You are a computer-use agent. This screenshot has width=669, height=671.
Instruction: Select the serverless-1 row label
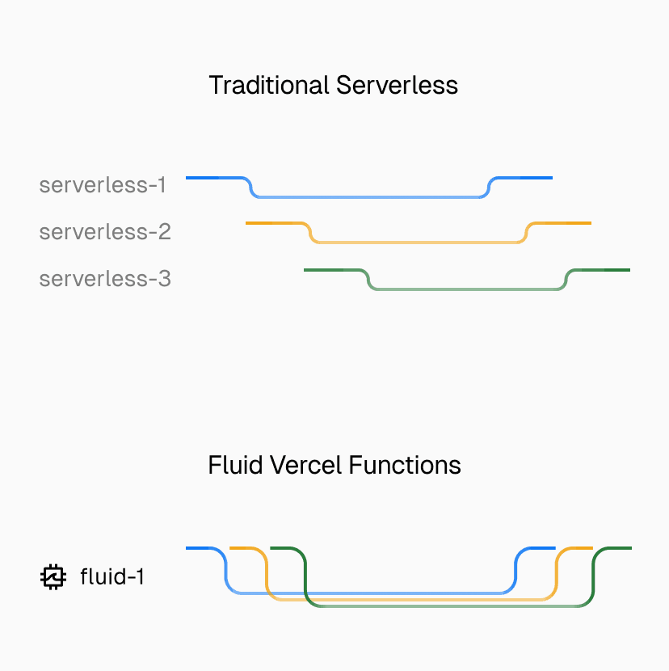103,185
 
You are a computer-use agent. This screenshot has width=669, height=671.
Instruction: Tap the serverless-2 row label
105,232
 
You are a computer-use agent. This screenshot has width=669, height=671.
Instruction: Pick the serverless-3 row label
105,279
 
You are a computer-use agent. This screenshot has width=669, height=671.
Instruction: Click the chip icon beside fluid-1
53,577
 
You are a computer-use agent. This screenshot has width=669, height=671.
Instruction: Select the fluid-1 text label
112,577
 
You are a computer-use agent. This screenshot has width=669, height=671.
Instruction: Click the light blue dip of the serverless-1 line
368,196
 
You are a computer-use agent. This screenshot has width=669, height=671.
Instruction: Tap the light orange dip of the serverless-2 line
416,242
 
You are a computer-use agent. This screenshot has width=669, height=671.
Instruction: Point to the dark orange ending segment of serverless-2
566,222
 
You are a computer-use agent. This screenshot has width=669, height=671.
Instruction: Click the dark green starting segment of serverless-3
327,269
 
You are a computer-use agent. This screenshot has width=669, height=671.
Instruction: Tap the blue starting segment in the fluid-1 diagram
200,548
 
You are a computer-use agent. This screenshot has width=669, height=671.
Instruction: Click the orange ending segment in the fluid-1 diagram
577,548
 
